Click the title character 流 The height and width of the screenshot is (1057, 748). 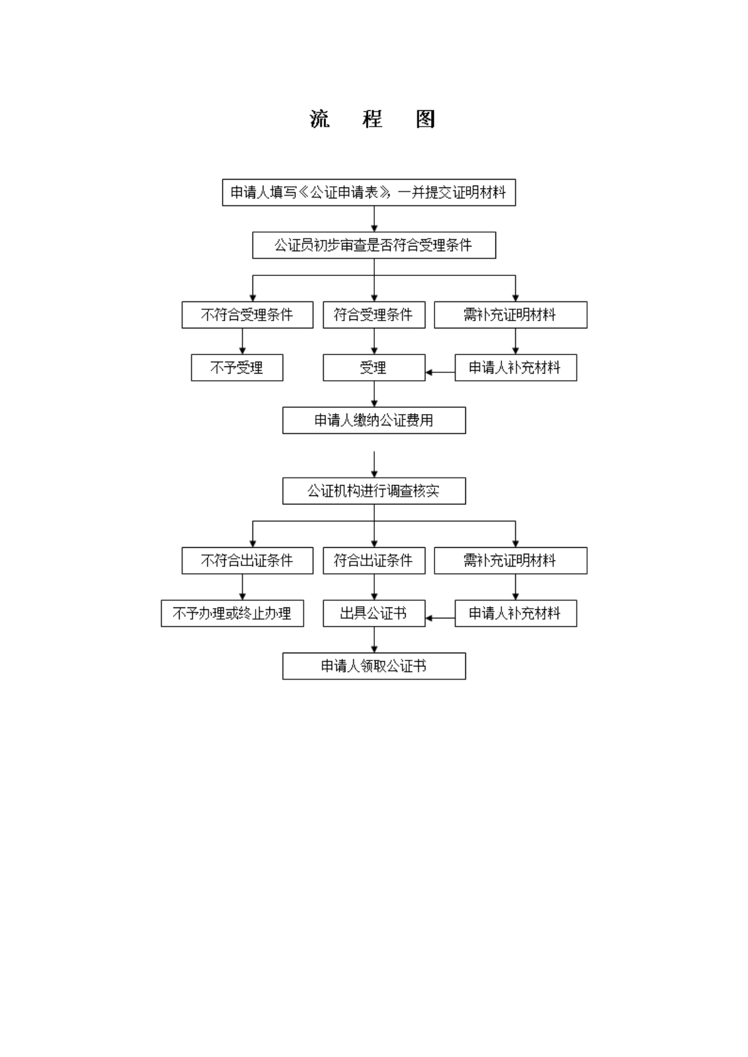tap(319, 119)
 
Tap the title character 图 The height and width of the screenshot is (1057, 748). tap(426, 119)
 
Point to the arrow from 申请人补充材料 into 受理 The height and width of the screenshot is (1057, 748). tap(440, 372)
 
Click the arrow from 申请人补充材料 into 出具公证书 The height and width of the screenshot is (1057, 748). tap(440, 618)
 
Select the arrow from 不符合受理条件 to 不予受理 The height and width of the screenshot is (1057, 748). tap(242, 341)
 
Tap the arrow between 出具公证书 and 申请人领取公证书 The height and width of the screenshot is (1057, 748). tap(374, 640)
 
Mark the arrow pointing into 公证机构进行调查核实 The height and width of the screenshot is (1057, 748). tap(374, 465)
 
